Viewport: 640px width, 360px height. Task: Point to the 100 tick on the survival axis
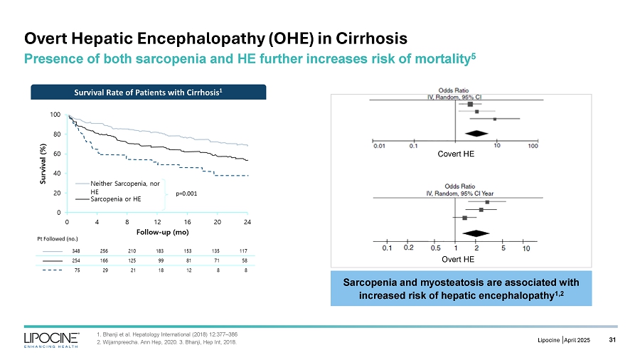(x=55, y=115)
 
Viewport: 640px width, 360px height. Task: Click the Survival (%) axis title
(x=42, y=163)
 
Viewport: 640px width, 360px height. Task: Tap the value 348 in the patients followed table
(x=76, y=250)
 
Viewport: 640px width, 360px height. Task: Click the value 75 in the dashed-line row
(x=77, y=271)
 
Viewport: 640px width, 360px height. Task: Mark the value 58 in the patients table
(x=244, y=261)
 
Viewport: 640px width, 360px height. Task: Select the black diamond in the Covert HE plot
(x=474, y=134)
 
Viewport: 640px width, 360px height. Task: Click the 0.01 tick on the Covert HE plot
(x=380, y=147)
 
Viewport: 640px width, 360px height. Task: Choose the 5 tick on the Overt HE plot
(x=503, y=248)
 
